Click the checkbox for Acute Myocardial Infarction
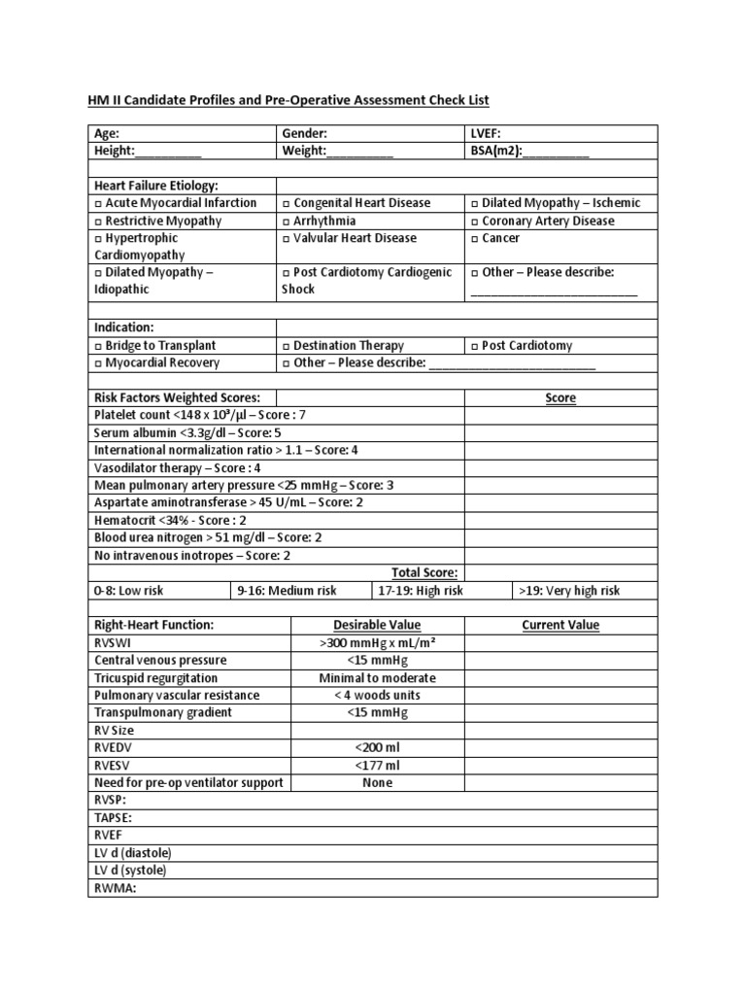[x=98, y=204]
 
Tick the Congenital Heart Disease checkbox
[x=286, y=204]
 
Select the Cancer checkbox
[x=474, y=239]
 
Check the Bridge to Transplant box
[x=98, y=346]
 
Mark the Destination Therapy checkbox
[x=286, y=346]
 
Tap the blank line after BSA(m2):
[x=556, y=152]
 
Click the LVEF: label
[x=485, y=134]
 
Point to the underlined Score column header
[x=560, y=398]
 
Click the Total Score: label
[x=424, y=573]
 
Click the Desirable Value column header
[x=377, y=626]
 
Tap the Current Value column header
[x=560, y=626]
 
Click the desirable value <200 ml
[x=377, y=748]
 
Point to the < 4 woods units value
[x=377, y=696]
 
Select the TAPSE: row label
[x=113, y=818]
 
